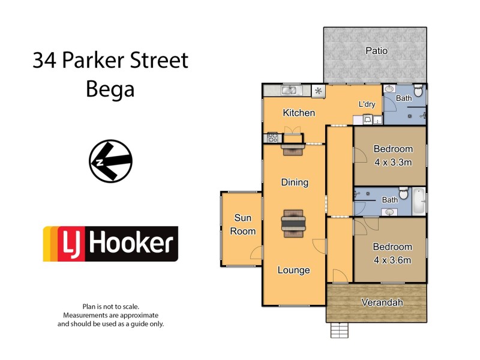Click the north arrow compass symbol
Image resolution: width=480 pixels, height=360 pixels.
pyautogui.click(x=110, y=161)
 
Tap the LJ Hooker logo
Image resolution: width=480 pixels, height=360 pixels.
pyautogui.click(x=110, y=244)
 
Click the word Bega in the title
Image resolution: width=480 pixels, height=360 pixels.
pyautogui.click(x=110, y=89)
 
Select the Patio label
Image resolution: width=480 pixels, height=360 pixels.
pyautogui.click(x=376, y=51)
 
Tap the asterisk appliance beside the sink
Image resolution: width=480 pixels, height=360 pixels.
pyautogui.click(x=318, y=91)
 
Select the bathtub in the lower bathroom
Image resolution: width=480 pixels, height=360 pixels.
pyautogui.click(x=419, y=200)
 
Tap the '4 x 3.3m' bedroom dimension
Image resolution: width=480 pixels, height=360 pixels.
pyautogui.click(x=393, y=162)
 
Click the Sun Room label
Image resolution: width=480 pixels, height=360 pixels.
pyautogui.click(x=244, y=224)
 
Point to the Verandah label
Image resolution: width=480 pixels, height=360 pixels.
pyautogui.click(x=382, y=303)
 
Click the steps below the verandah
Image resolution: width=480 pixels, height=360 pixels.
pyautogui.click(x=340, y=331)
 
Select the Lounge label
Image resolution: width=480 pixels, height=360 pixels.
pyautogui.click(x=293, y=270)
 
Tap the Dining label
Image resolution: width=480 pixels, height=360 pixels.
pyautogui.click(x=294, y=182)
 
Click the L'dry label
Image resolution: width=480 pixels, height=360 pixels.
pyautogui.click(x=367, y=104)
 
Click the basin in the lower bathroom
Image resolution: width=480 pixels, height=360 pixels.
pyautogui.click(x=391, y=211)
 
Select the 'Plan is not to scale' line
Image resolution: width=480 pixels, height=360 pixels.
pyautogui.click(x=110, y=306)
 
